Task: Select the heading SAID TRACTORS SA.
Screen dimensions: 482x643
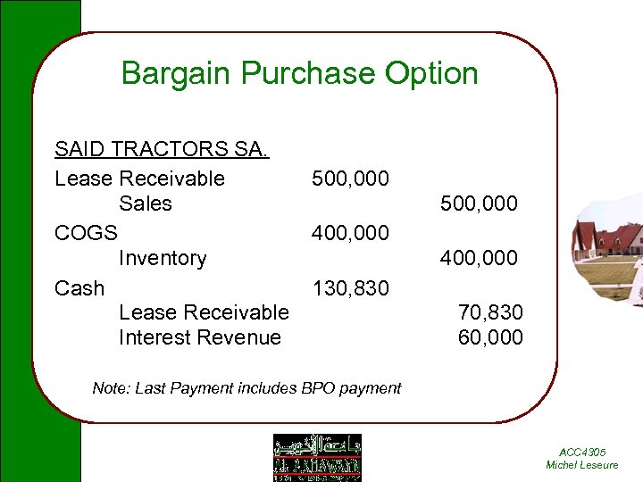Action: tap(161, 149)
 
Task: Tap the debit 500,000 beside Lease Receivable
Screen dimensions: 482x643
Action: tap(350, 179)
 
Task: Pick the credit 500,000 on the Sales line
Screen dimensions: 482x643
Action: tap(479, 204)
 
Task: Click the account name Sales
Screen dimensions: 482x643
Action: tap(145, 204)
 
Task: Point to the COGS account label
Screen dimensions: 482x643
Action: tap(86, 233)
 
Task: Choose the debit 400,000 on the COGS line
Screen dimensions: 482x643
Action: tap(350, 233)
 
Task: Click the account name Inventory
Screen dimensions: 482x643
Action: tap(162, 259)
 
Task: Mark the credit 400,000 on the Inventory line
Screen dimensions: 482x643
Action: tap(479, 259)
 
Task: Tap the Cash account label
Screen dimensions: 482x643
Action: tap(79, 288)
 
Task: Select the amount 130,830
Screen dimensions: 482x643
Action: tap(350, 288)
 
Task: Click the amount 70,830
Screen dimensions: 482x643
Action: tap(490, 312)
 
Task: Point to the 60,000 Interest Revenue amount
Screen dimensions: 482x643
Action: tap(490, 337)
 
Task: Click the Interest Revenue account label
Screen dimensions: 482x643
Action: tap(200, 337)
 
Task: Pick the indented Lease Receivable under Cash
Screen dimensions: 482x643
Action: tap(204, 312)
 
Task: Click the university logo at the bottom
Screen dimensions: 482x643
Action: tap(317, 457)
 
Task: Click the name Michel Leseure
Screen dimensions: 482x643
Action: tap(582, 465)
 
